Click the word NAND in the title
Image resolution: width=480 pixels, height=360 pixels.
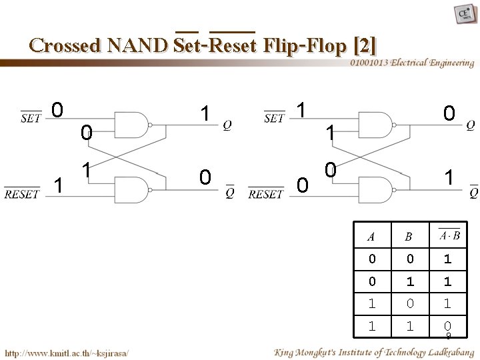click(x=135, y=45)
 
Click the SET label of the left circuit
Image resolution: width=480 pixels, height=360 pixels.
click(x=31, y=119)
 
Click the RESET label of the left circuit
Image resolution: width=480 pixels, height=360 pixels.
click(x=22, y=194)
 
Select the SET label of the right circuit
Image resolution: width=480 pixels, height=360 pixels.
click(x=274, y=119)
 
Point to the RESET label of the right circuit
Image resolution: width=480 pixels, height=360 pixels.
click(x=266, y=194)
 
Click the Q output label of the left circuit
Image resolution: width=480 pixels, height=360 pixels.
click(x=228, y=125)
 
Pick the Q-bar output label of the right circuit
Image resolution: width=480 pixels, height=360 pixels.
click(x=473, y=193)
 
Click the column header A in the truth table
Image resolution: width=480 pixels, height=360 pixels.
click(x=371, y=235)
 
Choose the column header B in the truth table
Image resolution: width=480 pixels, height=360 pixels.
click(x=408, y=235)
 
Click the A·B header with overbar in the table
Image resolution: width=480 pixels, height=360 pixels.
click(x=448, y=235)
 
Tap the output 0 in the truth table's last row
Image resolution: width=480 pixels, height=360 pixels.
click(x=447, y=326)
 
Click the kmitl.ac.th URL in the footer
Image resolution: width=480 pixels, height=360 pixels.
click(x=67, y=351)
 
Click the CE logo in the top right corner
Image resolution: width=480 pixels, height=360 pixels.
click(x=462, y=15)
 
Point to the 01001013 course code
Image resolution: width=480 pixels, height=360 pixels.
click(x=370, y=63)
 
